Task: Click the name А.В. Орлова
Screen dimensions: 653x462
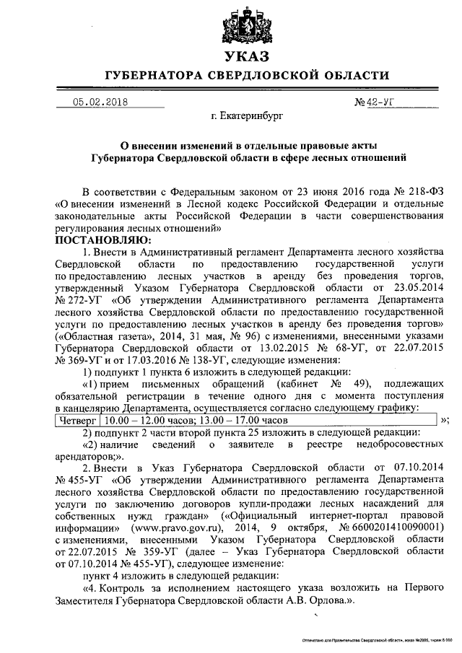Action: click(x=315, y=599)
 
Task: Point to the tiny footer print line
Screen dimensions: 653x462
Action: click(x=376, y=640)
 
